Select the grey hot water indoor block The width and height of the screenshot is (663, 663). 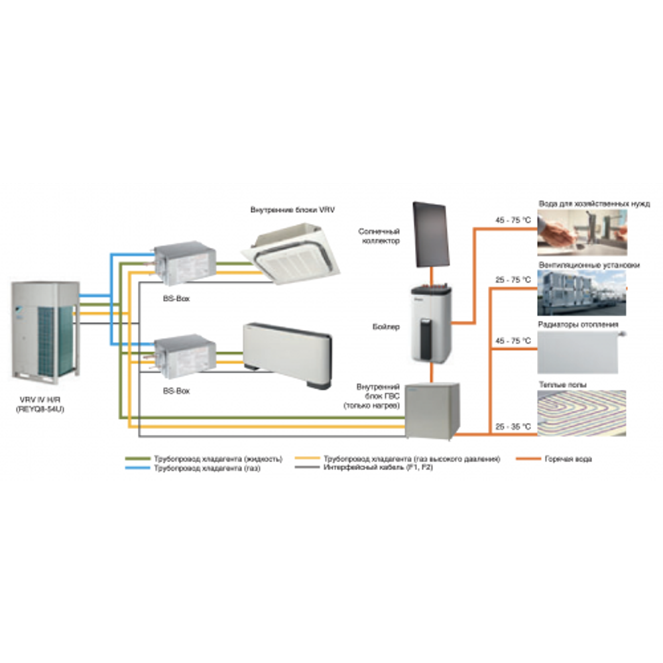tap(431, 410)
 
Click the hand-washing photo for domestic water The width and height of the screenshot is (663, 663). tap(581, 232)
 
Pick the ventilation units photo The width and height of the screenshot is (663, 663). tap(581, 292)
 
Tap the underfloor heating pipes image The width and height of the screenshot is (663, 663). tap(581, 413)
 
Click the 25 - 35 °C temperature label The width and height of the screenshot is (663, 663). tap(513, 427)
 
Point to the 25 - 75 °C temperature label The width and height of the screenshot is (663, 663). tap(513, 280)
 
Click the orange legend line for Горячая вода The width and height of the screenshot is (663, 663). tap(528, 458)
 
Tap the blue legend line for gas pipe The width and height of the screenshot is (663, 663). tap(137, 468)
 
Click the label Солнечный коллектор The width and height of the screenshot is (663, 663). tap(379, 237)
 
